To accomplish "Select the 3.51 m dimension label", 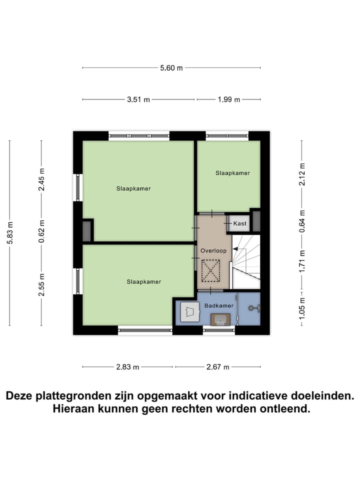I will click(138, 99).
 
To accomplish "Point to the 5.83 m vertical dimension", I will click(10, 232).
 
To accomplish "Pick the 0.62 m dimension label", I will click(41, 230).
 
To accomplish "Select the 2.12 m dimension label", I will click(301, 174).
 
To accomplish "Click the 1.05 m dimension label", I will click(301, 306).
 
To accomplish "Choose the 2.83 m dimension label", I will click(127, 367).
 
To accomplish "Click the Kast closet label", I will click(239, 223).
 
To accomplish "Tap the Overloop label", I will click(213, 250).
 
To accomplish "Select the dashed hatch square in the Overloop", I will click(210, 270).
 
